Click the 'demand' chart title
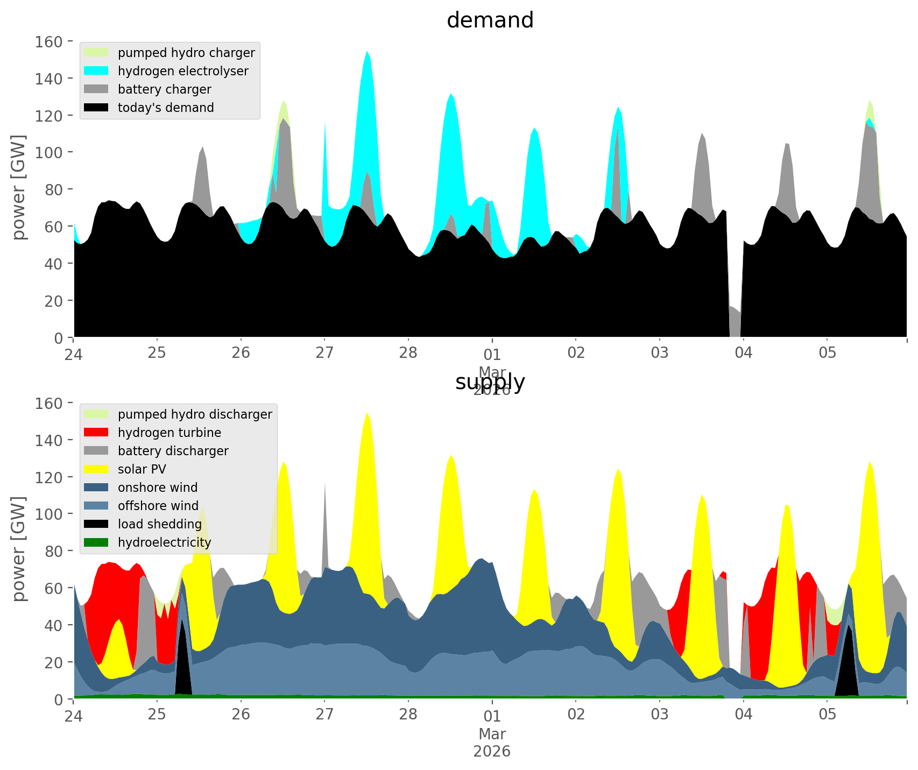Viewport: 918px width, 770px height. coord(490,20)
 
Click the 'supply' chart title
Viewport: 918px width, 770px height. coord(490,382)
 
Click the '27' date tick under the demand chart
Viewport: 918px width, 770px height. coord(324,353)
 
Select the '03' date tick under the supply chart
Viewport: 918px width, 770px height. coord(659,715)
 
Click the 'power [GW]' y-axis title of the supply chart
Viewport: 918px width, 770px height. coord(19,549)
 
